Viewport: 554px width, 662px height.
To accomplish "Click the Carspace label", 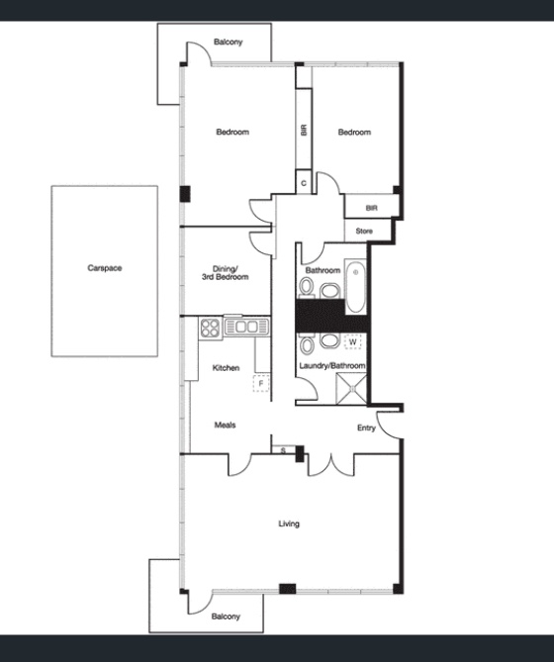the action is [x=105, y=268].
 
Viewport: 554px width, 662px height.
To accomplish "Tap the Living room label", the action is [x=289, y=523].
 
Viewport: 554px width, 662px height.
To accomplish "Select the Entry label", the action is [x=366, y=428].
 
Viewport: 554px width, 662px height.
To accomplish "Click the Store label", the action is [x=364, y=231].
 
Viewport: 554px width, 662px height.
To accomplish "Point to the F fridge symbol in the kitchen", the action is [x=261, y=383].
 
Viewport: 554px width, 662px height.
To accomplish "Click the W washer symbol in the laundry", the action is [x=353, y=342].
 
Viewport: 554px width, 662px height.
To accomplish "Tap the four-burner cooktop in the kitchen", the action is [x=210, y=329].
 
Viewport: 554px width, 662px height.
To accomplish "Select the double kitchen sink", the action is [x=247, y=327].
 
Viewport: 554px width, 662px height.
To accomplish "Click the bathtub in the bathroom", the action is [x=356, y=287].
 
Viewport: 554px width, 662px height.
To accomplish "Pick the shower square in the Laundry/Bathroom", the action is [x=351, y=389].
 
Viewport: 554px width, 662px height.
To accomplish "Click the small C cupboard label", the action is [x=304, y=183].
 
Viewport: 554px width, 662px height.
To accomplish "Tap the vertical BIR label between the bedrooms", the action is [x=304, y=130].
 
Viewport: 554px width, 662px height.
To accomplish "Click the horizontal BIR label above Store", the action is [x=371, y=208].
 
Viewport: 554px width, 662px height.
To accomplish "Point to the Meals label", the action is [x=225, y=425].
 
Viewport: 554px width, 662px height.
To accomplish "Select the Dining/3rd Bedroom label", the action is [x=225, y=273].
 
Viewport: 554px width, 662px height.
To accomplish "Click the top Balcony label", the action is [x=228, y=42].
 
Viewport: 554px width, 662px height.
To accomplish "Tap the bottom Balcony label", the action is [x=226, y=616].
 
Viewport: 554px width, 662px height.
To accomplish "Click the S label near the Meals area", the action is [x=283, y=450].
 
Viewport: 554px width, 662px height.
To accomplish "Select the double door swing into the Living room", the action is [x=331, y=465].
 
